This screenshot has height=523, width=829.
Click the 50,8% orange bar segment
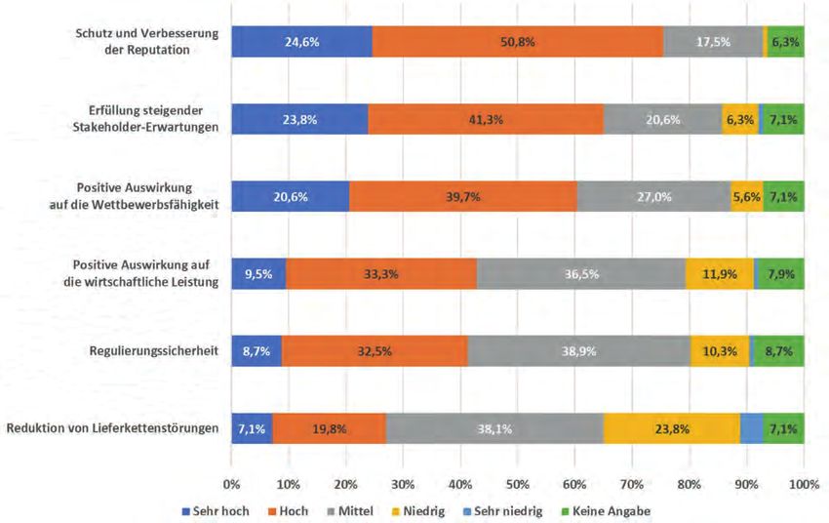517,42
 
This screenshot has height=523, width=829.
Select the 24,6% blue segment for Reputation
301,42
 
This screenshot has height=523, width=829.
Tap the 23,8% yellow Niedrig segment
671,427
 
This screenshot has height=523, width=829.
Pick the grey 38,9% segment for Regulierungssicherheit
579,350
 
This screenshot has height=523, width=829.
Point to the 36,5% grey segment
581,273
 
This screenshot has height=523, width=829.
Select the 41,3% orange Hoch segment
486,119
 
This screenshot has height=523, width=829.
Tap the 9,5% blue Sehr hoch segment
258,273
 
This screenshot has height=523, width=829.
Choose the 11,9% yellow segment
719,273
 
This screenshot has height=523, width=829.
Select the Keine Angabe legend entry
610,510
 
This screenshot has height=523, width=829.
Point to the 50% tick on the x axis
518,483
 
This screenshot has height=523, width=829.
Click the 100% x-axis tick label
804,483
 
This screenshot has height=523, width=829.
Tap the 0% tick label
232,483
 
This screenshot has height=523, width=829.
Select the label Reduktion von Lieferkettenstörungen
111,427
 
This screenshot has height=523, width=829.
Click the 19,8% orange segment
330,427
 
